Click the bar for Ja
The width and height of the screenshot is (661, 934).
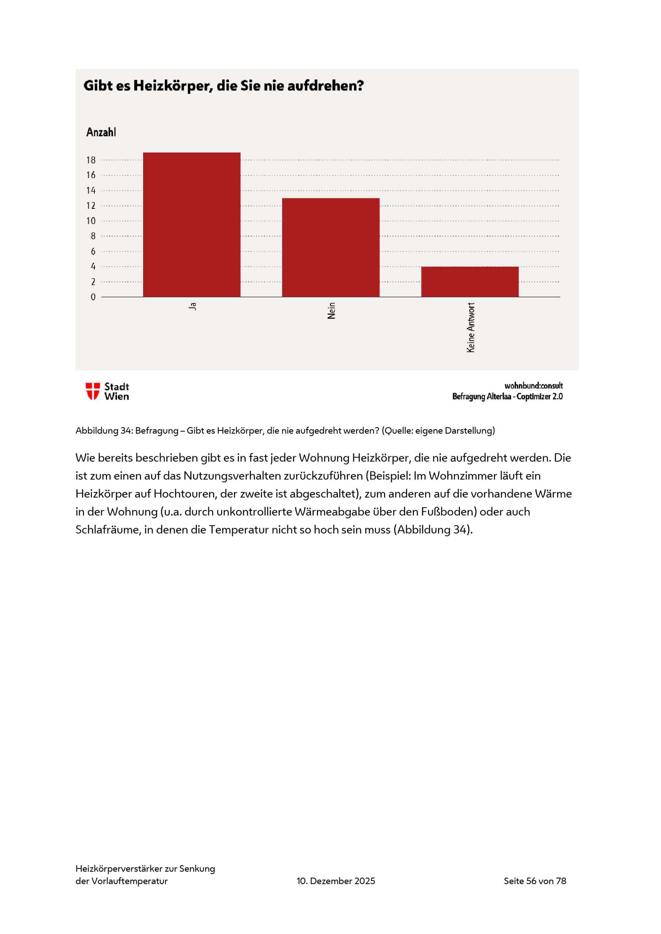point(192,225)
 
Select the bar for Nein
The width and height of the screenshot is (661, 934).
point(330,247)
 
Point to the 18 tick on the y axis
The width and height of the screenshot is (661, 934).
point(91,160)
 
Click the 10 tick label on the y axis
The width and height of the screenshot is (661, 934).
point(91,221)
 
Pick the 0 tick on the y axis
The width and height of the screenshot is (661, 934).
point(93,297)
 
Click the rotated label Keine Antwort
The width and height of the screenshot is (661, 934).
point(471,328)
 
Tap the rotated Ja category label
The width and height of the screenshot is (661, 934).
point(193,306)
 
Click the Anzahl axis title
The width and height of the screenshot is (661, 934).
point(101,132)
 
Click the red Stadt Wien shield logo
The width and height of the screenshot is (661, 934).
point(93,391)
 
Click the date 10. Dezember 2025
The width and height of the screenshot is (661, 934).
point(336,881)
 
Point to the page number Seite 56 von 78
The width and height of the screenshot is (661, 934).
point(535,881)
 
